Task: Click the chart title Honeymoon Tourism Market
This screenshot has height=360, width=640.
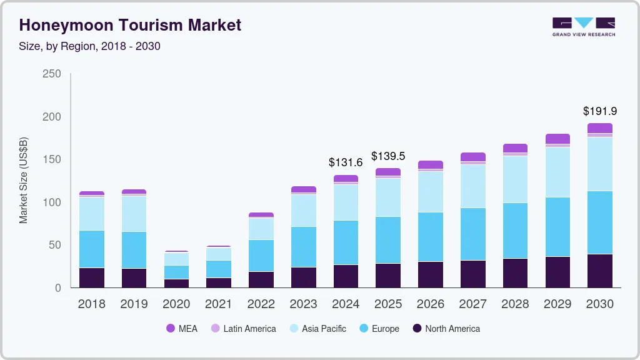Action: point(130,25)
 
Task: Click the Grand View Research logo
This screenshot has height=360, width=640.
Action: point(583,26)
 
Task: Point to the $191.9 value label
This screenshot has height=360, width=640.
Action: point(599,111)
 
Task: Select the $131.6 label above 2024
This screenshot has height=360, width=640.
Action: point(346,162)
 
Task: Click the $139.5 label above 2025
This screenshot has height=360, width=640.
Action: point(388,156)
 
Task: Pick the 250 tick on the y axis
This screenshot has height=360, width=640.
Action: point(51,74)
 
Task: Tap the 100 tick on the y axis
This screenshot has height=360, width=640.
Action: point(51,202)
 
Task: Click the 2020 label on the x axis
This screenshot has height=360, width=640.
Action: point(176,304)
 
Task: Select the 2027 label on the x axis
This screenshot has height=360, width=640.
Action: point(472,304)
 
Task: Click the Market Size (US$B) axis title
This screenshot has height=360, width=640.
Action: point(24,180)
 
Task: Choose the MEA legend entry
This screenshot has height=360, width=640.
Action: point(182,328)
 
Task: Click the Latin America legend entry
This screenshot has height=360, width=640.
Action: point(243,328)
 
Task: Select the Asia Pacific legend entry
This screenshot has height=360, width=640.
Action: point(317,328)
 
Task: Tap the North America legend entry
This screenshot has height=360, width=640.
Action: point(446,328)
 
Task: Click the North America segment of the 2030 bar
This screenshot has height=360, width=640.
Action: point(600,271)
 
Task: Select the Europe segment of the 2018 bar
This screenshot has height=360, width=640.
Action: point(92,249)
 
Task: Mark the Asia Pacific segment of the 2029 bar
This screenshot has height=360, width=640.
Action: point(557,172)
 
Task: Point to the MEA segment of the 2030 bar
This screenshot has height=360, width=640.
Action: point(600,128)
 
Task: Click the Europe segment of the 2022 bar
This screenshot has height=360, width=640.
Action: point(261,255)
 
